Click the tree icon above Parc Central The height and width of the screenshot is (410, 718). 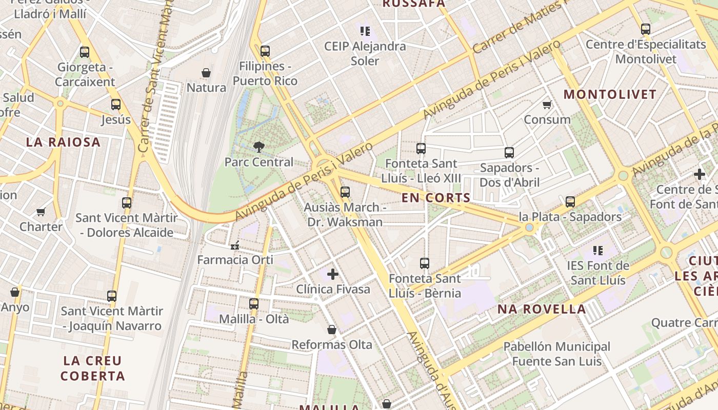point(259,147)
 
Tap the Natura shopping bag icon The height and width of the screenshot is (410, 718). point(206,73)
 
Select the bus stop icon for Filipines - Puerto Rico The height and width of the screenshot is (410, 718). point(265,51)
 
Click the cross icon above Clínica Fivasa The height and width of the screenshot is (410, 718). point(333,274)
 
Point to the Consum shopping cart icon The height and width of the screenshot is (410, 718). point(547,105)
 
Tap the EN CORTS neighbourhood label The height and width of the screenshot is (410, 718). point(436,198)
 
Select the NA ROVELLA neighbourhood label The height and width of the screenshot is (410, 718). point(542,309)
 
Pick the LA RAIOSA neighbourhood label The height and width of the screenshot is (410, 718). point(64,142)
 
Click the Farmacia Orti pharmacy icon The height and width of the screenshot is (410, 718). point(235,245)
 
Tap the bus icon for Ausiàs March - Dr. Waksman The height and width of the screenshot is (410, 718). point(345,192)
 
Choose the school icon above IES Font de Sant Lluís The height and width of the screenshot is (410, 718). point(597,251)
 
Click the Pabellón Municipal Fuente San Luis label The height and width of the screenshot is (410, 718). point(556,354)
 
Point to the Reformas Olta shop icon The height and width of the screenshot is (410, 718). point(332,330)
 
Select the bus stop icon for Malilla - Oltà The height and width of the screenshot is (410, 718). point(253,304)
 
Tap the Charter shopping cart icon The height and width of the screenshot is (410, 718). point(41,212)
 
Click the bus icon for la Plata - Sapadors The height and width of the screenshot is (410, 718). point(570,202)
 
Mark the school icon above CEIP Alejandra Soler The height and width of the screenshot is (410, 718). point(365,31)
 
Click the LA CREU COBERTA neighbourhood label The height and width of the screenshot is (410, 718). point(93,368)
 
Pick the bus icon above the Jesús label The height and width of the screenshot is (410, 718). point(116,105)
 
